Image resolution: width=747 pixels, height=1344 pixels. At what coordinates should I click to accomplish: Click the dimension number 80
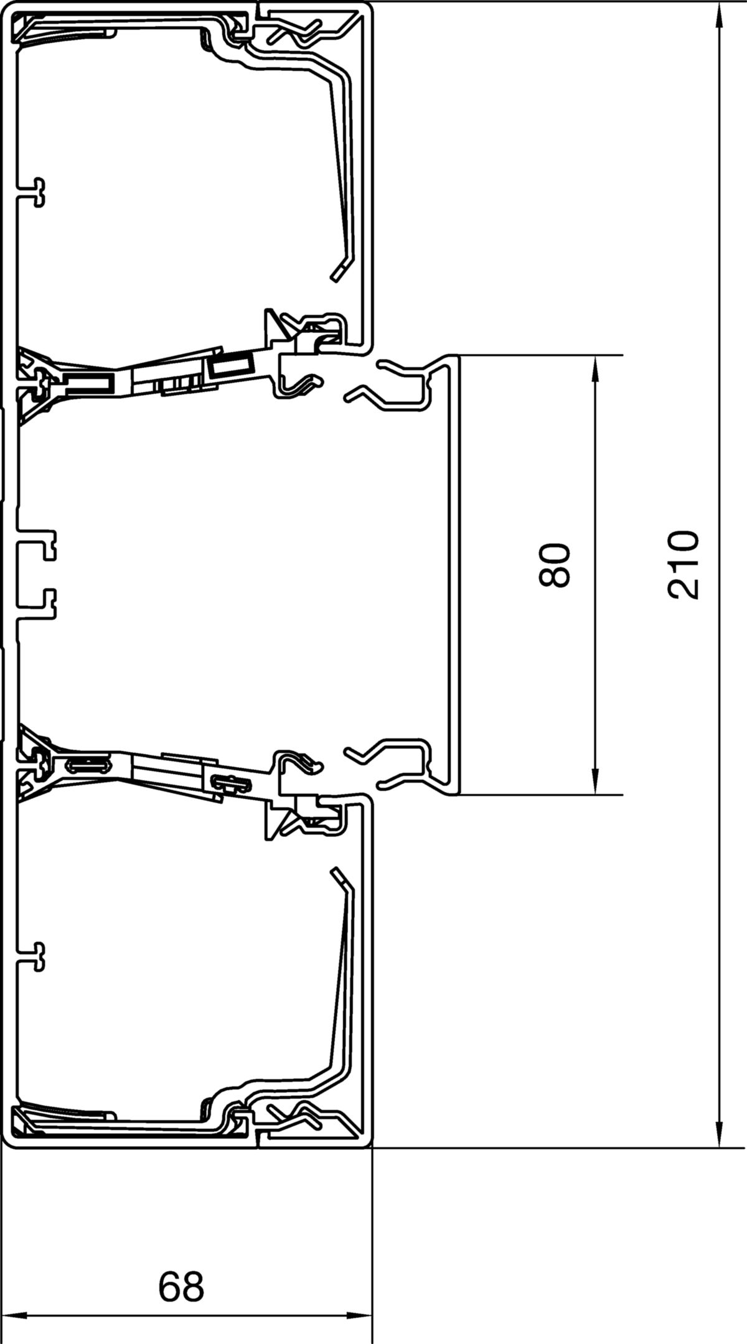(555, 565)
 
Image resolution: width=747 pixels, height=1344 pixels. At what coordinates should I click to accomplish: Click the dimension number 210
(684, 564)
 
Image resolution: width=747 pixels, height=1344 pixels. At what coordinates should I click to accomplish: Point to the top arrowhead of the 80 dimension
(595, 369)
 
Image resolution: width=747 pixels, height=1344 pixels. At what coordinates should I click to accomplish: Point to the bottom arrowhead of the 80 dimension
(595, 780)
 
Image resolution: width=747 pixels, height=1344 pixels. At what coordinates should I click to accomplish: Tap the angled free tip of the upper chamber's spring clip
(339, 271)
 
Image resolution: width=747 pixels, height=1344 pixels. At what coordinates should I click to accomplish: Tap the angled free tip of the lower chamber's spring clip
(339, 876)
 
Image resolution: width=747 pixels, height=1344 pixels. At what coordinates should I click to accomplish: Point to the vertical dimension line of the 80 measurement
(595, 575)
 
